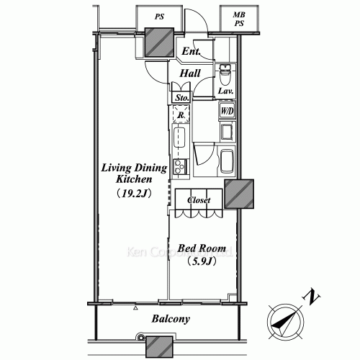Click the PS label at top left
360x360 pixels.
(x=158, y=15)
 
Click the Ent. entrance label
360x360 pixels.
(x=191, y=52)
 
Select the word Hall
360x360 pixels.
(x=190, y=73)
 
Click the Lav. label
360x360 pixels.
(x=225, y=91)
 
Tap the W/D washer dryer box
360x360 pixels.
(x=226, y=111)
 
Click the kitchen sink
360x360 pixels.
(x=181, y=137)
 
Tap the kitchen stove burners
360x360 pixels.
(x=181, y=166)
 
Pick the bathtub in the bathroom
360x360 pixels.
(x=227, y=160)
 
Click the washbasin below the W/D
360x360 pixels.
(x=227, y=131)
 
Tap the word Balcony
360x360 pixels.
(x=170, y=318)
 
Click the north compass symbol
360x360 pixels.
(x=282, y=321)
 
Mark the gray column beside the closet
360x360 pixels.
(x=239, y=192)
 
